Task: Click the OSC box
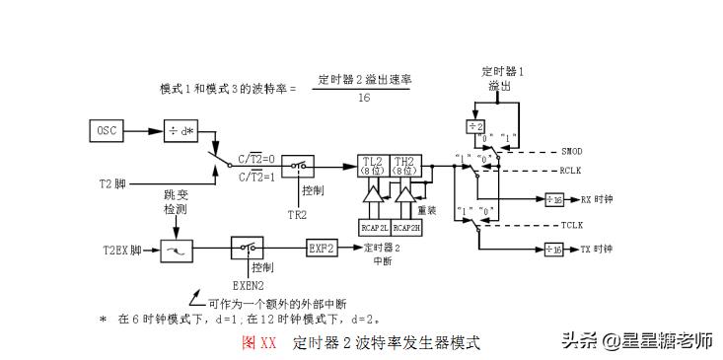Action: (x=106, y=130)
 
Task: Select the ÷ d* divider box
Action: (x=181, y=130)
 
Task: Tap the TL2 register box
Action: (x=373, y=166)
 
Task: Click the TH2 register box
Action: (x=404, y=166)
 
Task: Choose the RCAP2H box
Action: (x=407, y=226)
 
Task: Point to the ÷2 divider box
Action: (x=474, y=127)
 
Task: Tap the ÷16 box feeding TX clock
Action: (x=554, y=250)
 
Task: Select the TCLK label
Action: (x=573, y=225)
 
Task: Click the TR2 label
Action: (x=296, y=214)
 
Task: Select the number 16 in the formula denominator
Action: (x=364, y=98)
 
